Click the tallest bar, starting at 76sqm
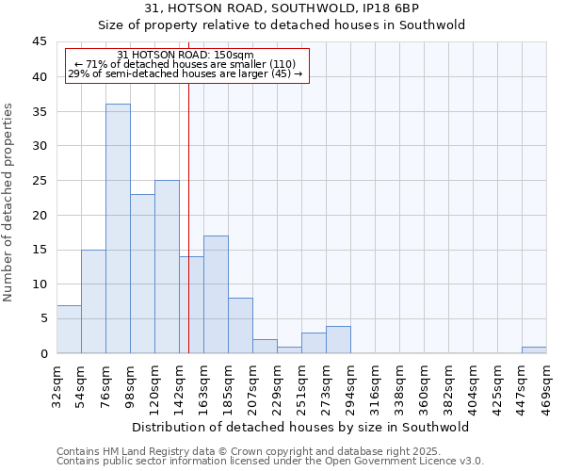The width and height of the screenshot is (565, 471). (118, 229)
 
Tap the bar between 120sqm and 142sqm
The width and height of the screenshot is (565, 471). (167, 267)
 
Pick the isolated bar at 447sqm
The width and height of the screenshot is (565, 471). (534, 349)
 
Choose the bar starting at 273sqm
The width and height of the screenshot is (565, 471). (338, 339)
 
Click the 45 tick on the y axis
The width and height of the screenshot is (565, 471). (40, 42)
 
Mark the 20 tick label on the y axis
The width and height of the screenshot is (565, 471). (40, 215)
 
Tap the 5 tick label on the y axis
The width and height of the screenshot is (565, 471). (43, 318)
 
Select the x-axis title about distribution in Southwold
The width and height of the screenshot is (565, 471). (301, 427)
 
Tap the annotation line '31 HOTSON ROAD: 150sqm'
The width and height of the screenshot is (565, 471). (186, 55)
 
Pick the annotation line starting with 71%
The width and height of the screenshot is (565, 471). (186, 64)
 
